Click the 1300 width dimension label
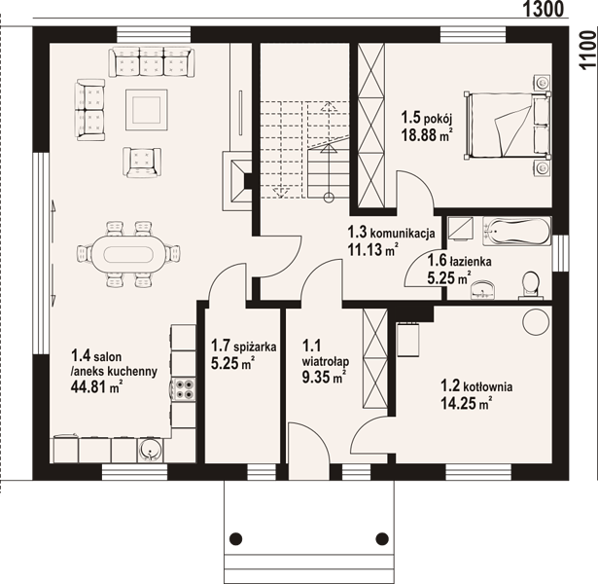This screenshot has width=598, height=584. tap(543, 9)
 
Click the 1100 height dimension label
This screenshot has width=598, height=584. tap(587, 50)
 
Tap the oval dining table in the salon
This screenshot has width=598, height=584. tap(128, 254)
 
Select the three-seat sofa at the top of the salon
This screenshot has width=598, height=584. tap(151, 62)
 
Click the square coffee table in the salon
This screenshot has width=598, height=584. tap(147, 110)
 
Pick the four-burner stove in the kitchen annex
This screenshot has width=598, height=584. tap(184, 389)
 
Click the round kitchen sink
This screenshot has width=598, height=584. tap(151, 451)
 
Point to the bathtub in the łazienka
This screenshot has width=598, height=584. tap(516, 232)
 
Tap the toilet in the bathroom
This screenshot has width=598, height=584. tap(531, 285)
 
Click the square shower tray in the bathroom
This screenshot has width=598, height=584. tap(460, 229)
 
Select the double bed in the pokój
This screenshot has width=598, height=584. tap(507, 126)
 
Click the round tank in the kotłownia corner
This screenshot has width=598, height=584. tap(536, 322)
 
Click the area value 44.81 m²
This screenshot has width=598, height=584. tap(96, 387)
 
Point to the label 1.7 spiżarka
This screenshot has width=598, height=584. tap(243, 347)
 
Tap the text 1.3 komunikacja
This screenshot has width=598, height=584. tap(391, 232)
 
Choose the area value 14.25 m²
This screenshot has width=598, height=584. tap(466, 403)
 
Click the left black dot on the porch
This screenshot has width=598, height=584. tap(236, 538)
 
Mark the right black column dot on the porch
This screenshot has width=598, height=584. tap(382, 538)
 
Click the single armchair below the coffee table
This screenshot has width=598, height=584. tap(142, 163)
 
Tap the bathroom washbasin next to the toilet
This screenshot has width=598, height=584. tap(483, 289)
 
